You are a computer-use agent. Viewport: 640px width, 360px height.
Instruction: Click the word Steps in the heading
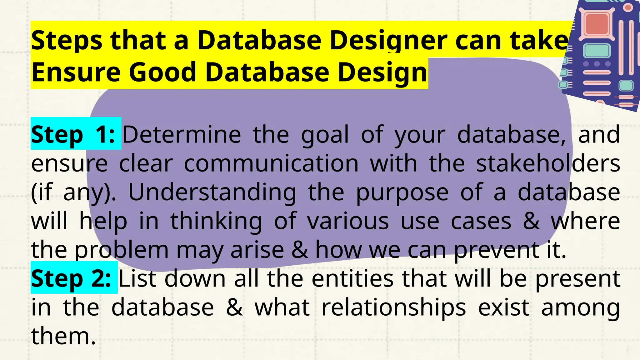click(67, 41)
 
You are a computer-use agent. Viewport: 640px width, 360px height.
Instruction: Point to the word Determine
click(181, 135)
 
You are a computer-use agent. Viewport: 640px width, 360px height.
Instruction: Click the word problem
click(122, 250)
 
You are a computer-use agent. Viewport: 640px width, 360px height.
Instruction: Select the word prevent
click(497, 250)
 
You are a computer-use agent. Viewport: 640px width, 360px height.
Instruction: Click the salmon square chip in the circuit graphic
click(596, 24)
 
